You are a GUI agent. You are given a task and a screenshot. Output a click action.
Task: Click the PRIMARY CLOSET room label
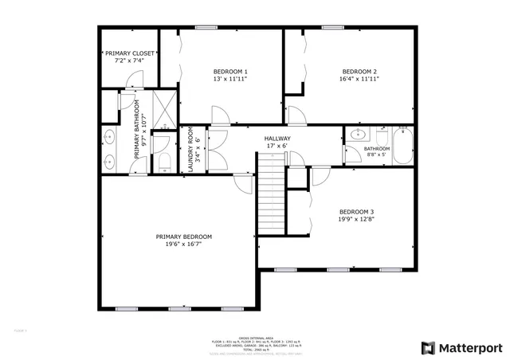click(x=129, y=54)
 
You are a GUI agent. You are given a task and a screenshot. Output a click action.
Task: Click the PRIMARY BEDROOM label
click(x=184, y=237)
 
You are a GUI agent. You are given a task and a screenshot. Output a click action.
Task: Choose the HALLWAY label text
click(x=277, y=139)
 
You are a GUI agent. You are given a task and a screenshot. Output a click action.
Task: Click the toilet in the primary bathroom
click(x=165, y=160)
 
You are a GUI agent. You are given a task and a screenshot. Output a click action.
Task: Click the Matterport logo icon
click(x=429, y=347)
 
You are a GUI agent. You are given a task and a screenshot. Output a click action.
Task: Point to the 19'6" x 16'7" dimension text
click(x=184, y=245)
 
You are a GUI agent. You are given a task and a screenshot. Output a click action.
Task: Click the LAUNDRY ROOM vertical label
click(x=190, y=150)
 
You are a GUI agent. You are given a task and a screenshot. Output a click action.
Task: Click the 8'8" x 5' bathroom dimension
click(x=375, y=155)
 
